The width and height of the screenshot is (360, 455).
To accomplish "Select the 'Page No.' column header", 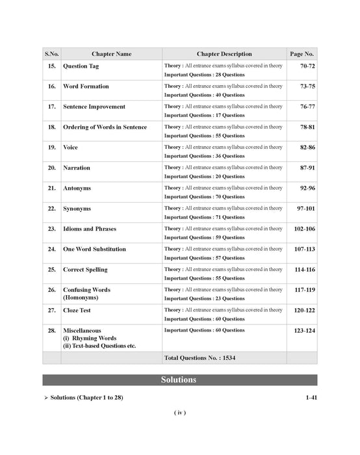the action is (302, 54).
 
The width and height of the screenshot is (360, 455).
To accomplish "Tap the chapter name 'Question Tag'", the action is (85, 66).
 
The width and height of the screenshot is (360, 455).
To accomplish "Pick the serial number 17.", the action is (51, 107).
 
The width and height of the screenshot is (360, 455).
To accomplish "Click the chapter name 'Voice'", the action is (70, 148).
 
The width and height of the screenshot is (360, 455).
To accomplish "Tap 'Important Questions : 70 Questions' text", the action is (204, 197).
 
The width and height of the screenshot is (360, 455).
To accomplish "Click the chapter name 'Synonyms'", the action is (77, 209).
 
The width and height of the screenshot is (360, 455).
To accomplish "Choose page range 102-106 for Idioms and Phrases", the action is (303, 229).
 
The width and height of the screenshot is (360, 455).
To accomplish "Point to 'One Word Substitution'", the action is (94, 249).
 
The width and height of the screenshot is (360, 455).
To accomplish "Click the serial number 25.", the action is (51, 269).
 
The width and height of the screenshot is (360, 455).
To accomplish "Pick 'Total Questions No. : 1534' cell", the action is (203, 358).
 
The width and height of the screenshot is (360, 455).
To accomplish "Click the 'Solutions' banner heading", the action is (179, 380).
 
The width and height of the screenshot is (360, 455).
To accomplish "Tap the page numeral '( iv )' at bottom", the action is (180, 413).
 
